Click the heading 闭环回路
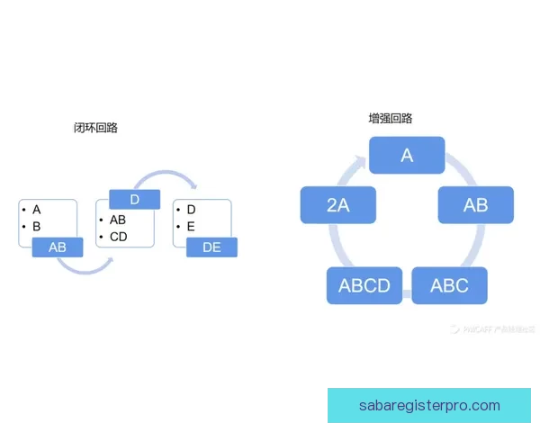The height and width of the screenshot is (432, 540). pyautogui.click(x=95, y=128)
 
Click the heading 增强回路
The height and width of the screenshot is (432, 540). pyautogui.click(x=391, y=118)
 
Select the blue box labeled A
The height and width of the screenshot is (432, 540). pyautogui.click(x=407, y=155)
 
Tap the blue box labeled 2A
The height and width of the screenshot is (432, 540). pyautogui.click(x=337, y=205)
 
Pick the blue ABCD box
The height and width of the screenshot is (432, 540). pyautogui.click(x=364, y=286)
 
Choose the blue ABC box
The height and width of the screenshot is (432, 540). pyautogui.click(x=449, y=286)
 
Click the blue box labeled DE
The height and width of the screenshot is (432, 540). pyautogui.click(x=211, y=247)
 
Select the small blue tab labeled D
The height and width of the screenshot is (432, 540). pyautogui.click(x=134, y=199)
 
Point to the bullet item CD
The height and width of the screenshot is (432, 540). pyautogui.click(x=119, y=237)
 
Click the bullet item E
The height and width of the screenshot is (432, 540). pyautogui.click(x=191, y=226)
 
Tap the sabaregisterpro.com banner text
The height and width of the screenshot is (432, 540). pyautogui.click(x=428, y=406)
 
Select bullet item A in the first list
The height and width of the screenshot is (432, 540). pyautogui.click(x=37, y=210)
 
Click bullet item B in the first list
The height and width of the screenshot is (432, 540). pyautogui.click(x=37, y=226)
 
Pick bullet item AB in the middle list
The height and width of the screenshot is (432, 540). pyautogui.click(x=118, y=220)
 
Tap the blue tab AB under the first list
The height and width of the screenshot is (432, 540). pyautogui.click(x=58, y=247)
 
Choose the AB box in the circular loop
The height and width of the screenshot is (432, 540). pyautogui.click(x=475, y=205)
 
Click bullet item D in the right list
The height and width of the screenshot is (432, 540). pyautogui.click(x=191, y=210)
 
